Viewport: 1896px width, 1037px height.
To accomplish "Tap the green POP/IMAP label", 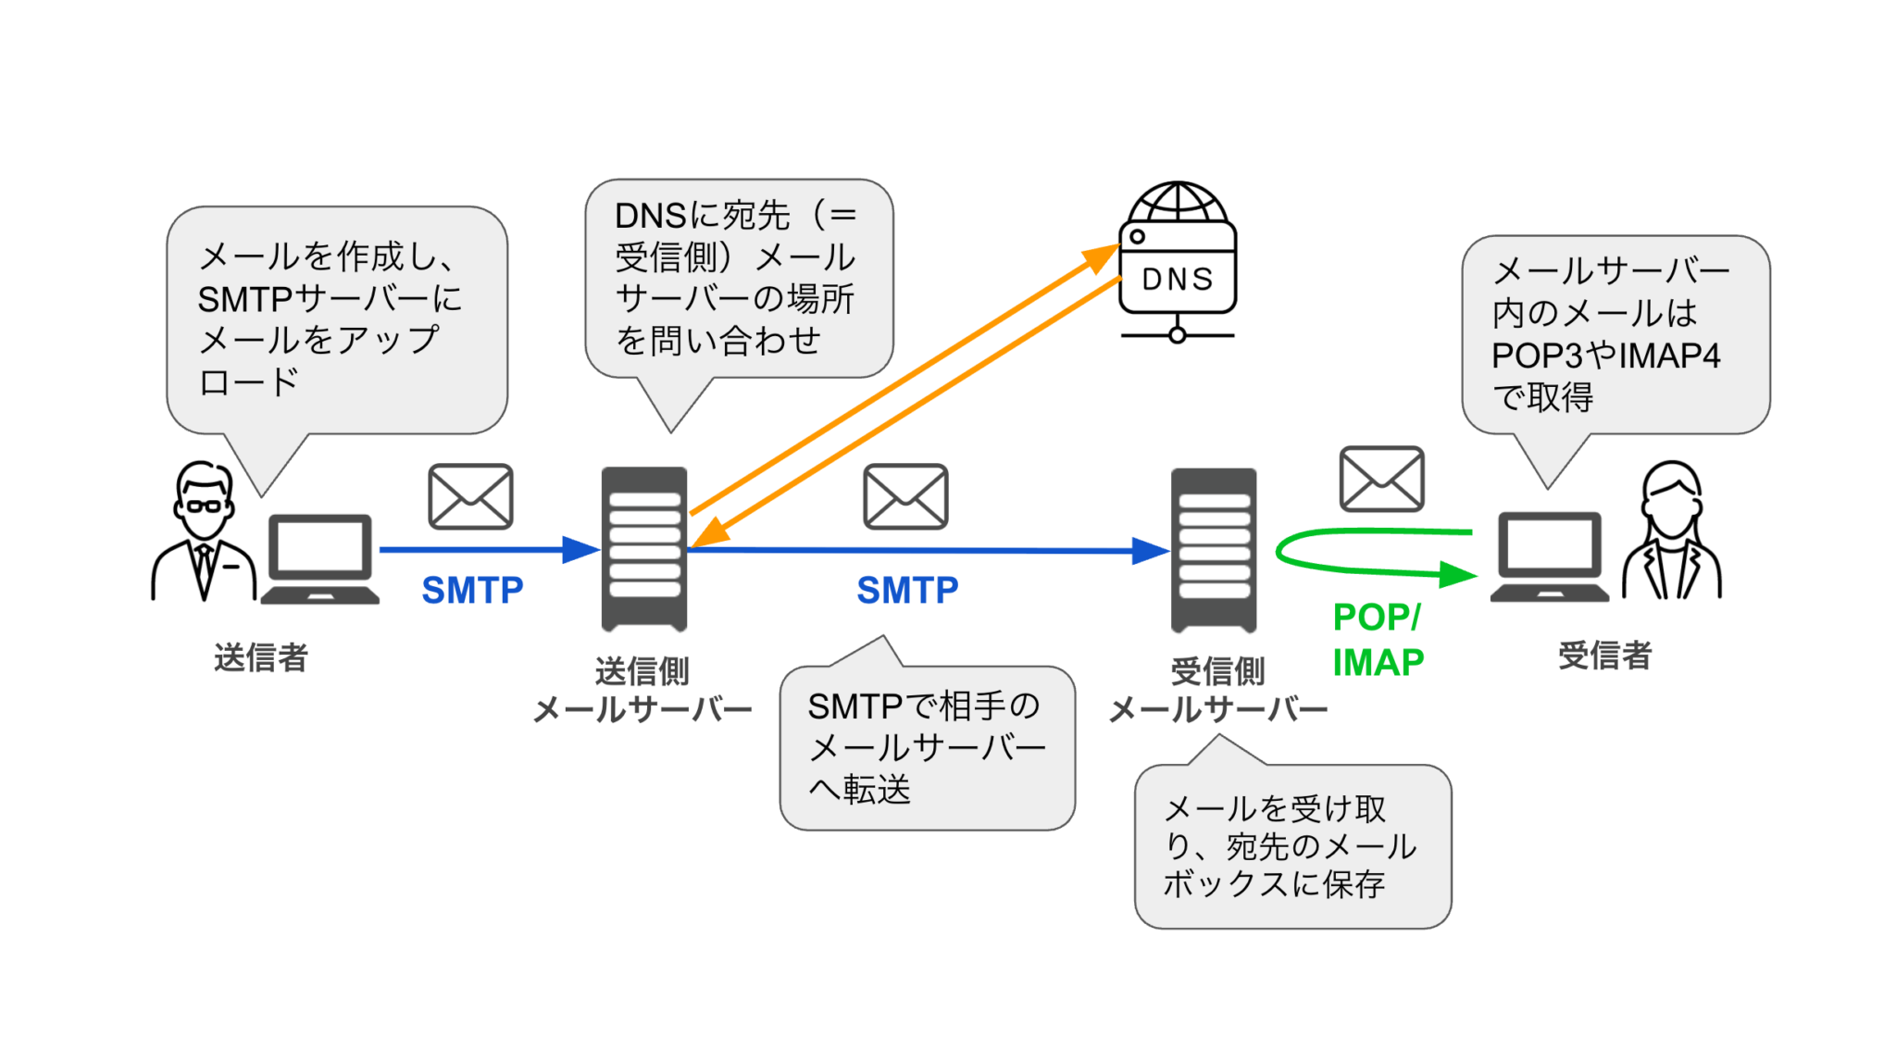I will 1378,640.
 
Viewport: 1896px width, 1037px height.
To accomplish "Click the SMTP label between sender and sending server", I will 472,590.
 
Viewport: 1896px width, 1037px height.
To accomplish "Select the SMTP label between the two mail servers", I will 907,590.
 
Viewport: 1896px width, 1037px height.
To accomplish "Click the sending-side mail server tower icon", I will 644,548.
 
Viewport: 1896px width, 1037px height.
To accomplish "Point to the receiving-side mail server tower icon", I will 1214,549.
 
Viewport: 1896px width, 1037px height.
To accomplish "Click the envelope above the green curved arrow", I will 1381,479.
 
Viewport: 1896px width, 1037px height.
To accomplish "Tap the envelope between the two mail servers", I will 905,496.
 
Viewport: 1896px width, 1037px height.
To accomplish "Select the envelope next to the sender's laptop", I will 470,496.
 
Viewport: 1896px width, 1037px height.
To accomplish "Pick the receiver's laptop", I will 1549,556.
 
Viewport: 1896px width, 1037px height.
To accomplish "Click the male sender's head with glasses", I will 204,501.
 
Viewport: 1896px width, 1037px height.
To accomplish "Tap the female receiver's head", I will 1671,500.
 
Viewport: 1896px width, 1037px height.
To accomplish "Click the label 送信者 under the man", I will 260,657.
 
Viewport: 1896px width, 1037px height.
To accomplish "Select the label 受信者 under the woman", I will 1604,656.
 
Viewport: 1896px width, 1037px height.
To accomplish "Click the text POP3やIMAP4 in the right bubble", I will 1605,356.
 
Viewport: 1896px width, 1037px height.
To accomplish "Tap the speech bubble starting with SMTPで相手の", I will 927,747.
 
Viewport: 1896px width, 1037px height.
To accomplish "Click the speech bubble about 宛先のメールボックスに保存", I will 1292,846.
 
